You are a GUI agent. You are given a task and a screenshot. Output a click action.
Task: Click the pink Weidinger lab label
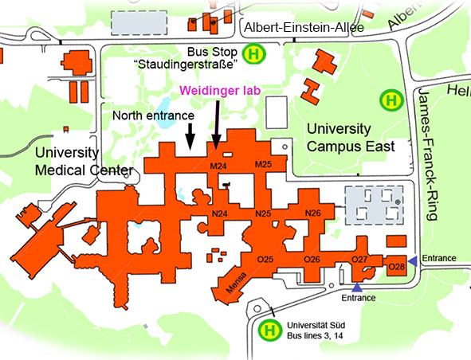220,91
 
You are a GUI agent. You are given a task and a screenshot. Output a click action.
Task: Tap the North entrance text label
153,115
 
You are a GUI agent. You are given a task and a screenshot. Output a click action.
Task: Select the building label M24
218,166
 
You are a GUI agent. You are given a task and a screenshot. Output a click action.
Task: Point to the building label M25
263,164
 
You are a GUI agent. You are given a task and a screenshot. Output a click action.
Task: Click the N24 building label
220,213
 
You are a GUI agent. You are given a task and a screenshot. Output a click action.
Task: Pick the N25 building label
263,213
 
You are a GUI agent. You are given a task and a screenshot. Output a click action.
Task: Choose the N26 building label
313,213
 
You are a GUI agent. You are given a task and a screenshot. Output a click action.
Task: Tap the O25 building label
265,259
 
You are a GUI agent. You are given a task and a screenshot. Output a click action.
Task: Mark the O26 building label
312,259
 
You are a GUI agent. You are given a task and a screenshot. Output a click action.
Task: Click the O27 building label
359,259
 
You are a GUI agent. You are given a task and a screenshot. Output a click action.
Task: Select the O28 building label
397,266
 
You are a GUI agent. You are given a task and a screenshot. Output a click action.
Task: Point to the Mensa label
237,283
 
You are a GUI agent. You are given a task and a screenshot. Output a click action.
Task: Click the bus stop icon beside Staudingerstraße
254,54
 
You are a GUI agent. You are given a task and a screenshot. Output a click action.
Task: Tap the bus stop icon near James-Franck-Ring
391,100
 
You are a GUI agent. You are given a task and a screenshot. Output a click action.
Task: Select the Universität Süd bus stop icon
270,331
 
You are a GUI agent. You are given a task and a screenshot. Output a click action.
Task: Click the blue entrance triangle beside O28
414,261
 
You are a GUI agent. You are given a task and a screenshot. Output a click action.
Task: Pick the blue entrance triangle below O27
357,288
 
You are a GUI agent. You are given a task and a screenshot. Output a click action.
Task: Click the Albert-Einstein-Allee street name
304,28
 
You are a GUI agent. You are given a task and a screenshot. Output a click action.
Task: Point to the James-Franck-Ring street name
427,155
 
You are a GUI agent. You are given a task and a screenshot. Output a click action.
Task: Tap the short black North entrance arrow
190,136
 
